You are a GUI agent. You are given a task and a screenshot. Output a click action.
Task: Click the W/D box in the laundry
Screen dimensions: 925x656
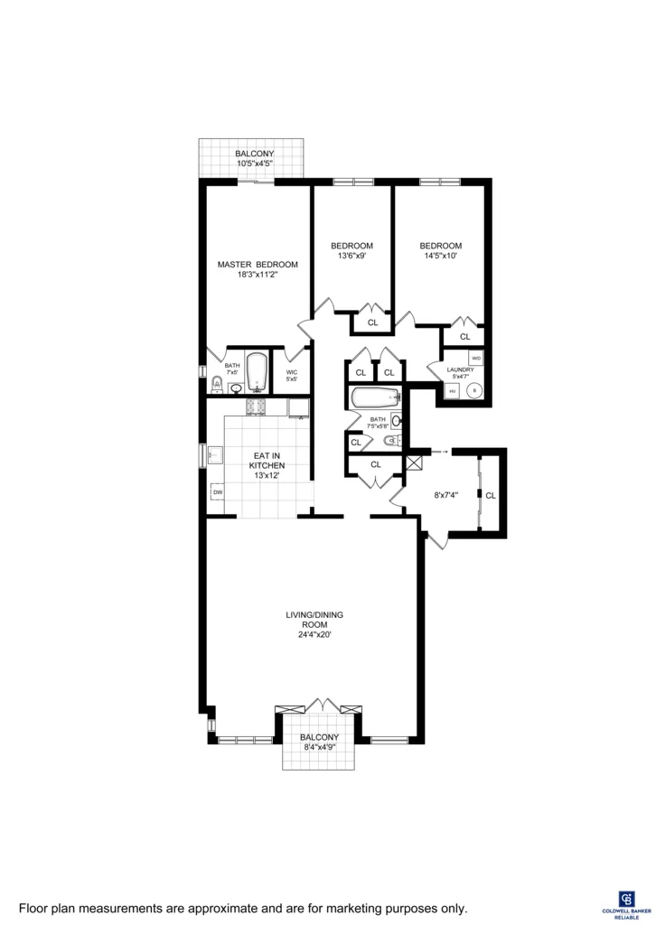click(x=475, y=359)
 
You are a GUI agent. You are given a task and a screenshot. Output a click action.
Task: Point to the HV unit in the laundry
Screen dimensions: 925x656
click(x=452, y=391)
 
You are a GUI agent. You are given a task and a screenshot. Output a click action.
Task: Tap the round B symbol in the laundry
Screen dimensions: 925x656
click(x=475, y=391)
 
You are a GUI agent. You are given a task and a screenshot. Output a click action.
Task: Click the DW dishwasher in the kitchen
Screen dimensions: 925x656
click(x=218, y=492)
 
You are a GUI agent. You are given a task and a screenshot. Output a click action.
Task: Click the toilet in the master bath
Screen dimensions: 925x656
click(x=215, y=387)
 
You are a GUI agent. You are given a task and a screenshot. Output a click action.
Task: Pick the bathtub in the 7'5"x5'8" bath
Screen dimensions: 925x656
click(x=374, y=397)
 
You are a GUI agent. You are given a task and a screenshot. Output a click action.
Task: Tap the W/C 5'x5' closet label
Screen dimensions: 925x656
click(x=292, y=376)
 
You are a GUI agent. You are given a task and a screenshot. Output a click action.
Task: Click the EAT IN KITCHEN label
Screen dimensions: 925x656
click(x=267, y=466)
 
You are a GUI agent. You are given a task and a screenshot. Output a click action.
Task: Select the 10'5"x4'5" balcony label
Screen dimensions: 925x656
click(x=254, y=159)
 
